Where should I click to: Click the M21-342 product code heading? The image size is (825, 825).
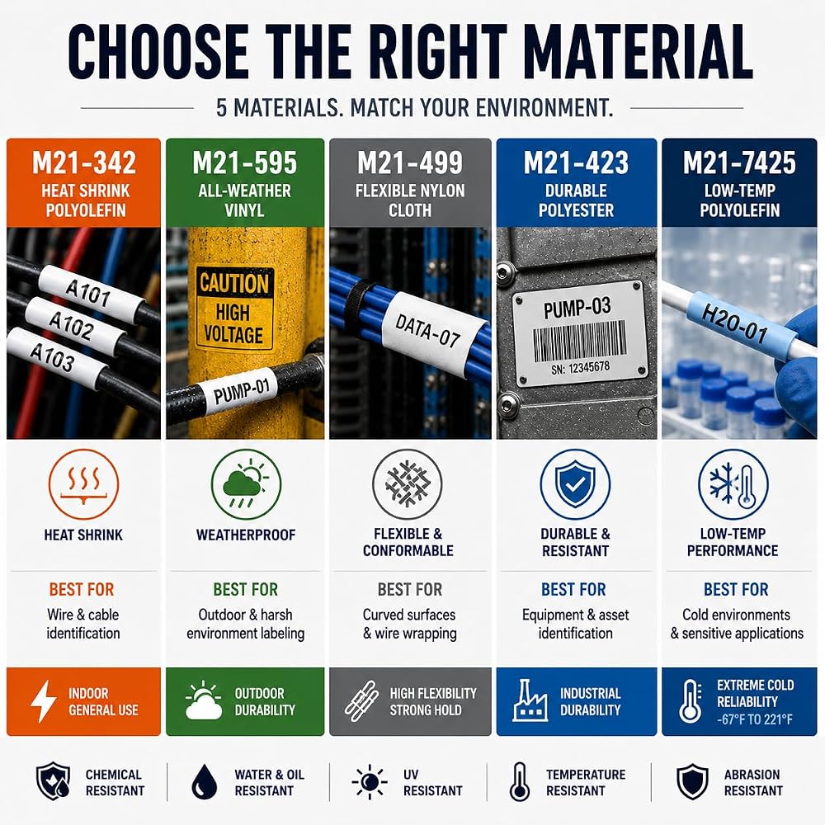84,163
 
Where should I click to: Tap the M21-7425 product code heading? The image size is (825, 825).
739,163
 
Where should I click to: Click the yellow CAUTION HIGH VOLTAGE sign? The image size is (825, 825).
234,309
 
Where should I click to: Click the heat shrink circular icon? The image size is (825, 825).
83,484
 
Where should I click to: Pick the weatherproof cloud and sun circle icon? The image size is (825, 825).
246,484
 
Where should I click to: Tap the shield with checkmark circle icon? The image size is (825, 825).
575,484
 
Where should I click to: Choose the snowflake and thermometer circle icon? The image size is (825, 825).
733,484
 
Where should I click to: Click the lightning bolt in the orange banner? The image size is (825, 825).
43,700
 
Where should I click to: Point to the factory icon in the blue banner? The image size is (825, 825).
530,700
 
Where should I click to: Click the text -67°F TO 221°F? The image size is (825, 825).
755,719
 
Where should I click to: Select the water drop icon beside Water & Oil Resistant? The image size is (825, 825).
204,782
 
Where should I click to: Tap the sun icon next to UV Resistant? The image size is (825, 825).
370,782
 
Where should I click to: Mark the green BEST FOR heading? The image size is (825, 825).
246,589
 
